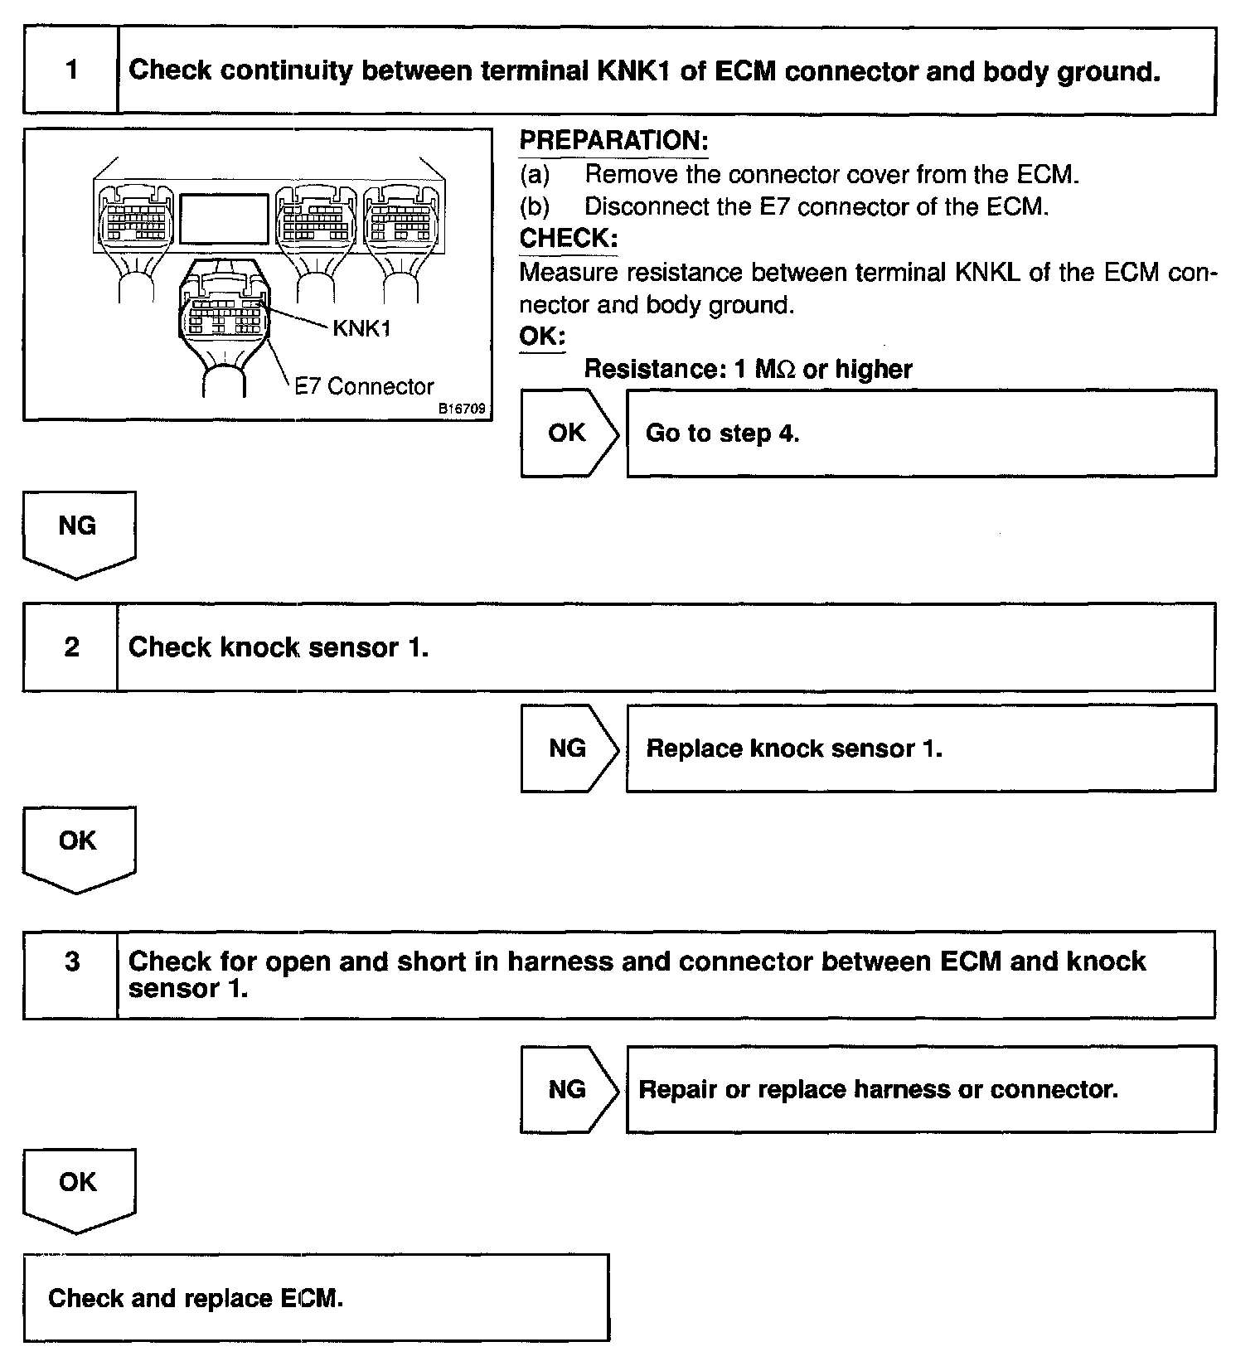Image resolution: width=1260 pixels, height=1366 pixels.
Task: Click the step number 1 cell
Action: pos(71,70)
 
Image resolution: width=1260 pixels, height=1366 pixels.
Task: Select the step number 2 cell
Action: pos(71,647)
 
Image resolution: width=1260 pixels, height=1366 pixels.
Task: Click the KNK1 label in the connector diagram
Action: pos(361,329)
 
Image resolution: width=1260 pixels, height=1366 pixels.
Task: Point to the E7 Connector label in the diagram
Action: pos(365,387)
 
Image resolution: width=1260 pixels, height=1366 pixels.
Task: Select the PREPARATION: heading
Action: pos(613,141)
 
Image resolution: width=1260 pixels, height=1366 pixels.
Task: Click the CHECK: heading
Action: pos(569,239)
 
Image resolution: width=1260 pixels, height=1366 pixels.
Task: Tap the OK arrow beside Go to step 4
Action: pos(568,433)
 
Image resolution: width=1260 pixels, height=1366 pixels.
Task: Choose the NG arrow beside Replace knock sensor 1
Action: pos(568,748)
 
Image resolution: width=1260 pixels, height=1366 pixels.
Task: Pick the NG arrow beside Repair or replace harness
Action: pos(568,1089)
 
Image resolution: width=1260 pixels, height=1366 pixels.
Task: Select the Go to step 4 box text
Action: pos(722,434)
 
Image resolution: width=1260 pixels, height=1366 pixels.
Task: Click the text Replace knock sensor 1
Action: pos(794,748)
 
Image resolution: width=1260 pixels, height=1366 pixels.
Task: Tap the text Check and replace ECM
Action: pos(196,1298)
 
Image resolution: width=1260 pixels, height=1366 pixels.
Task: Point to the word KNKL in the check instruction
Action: pos(987,273)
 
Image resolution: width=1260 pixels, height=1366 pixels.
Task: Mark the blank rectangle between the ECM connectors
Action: pos(224,219)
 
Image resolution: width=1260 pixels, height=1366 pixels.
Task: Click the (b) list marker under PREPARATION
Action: pos(535,206)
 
